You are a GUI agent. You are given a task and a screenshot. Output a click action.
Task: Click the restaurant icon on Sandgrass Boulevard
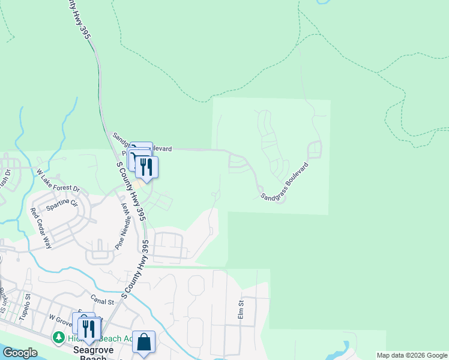[146, 166]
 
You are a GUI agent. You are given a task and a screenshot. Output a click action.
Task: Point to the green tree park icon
[59, 338]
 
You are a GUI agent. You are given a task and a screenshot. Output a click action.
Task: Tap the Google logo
[19, 353]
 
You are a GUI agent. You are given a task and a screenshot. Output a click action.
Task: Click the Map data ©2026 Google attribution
[412, 355]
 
